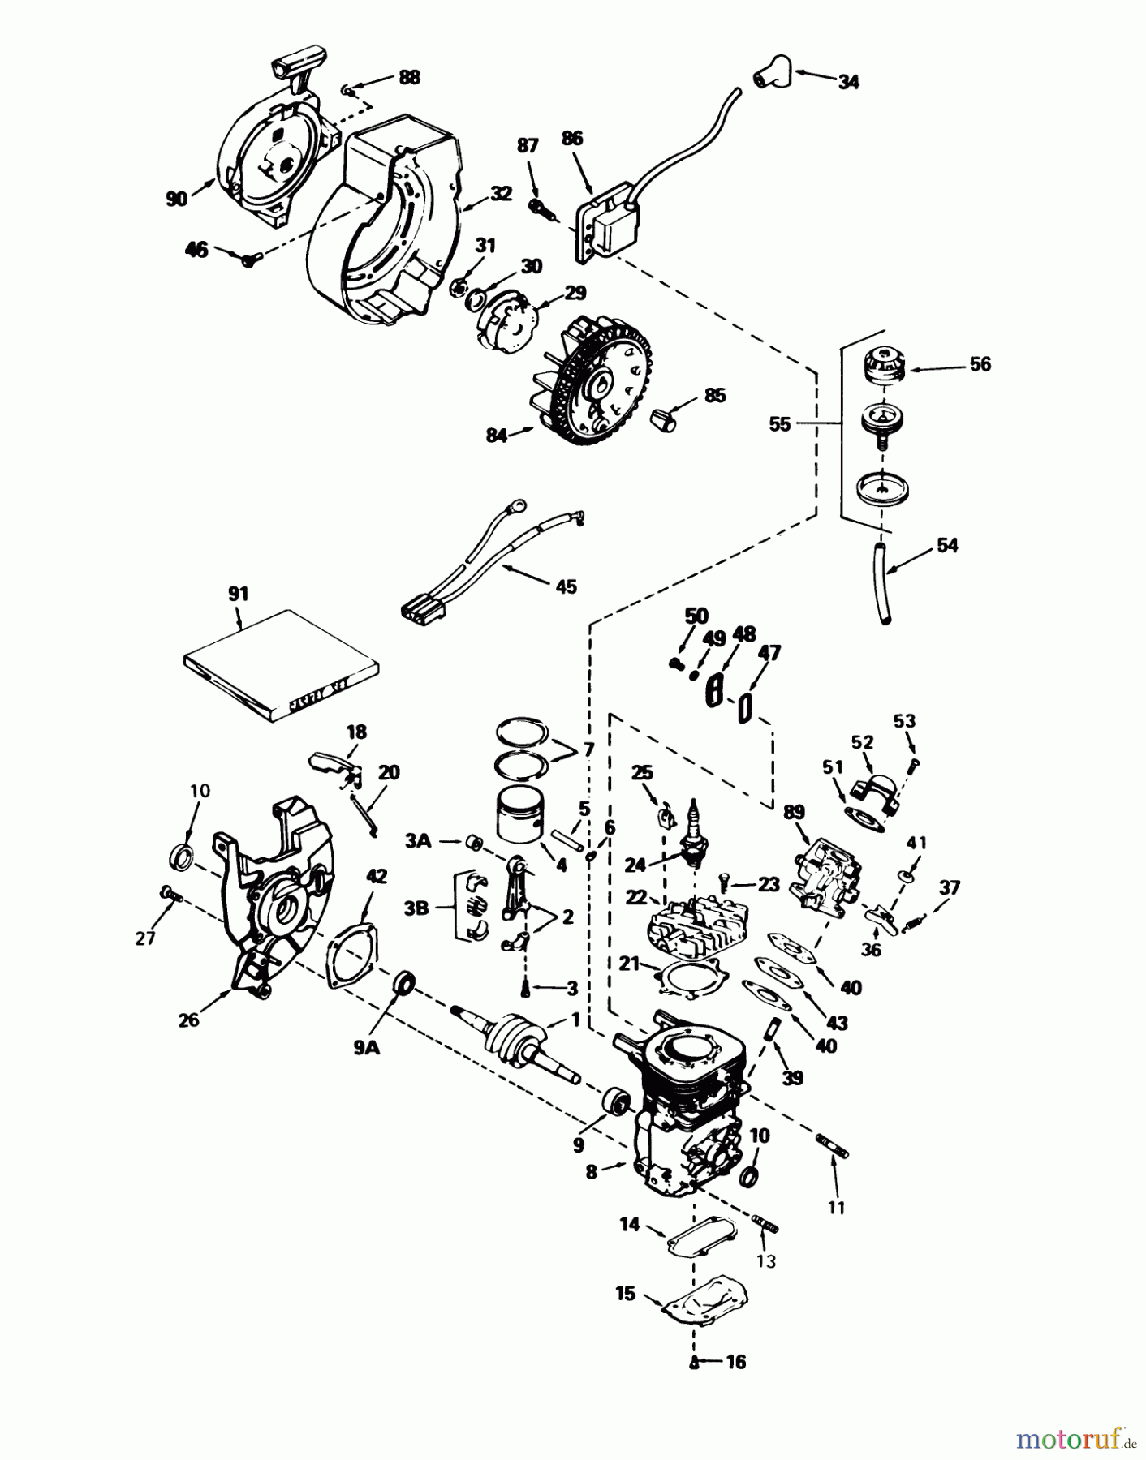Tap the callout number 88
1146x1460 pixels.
[409, 77]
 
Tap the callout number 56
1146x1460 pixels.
[980, 363]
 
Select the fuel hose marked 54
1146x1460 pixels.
[881, 582]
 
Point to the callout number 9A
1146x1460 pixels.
[366, 1048]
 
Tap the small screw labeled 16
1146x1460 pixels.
[695, 1362]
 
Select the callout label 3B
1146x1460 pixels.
[416, 908]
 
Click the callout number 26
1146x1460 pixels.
[188, 1020]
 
